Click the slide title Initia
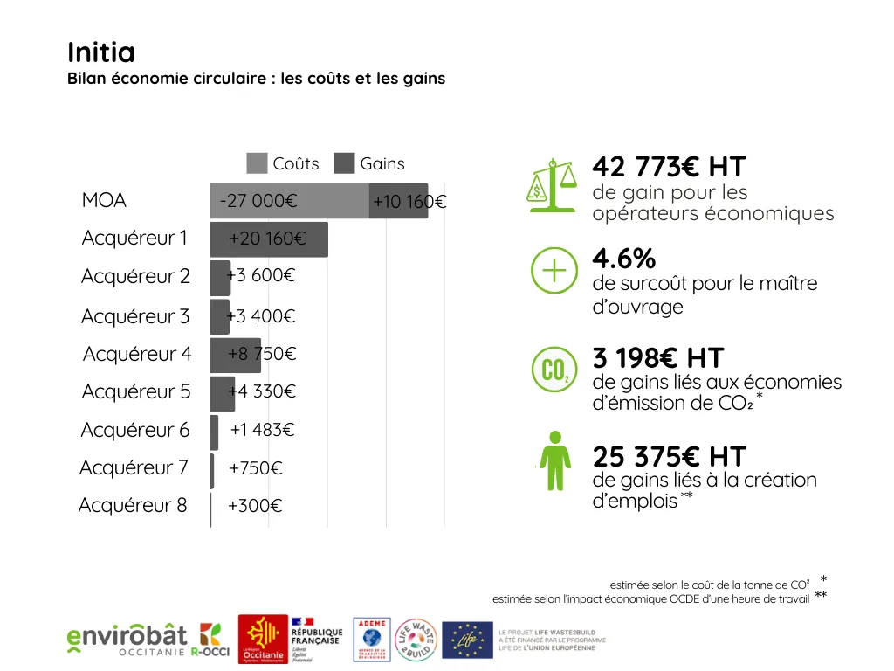(x=101, y=52)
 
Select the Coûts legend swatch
(x=257, y=163)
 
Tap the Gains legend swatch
(x=345, y=163)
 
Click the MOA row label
(x=104, y=201)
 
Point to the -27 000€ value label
(x=258, y=201)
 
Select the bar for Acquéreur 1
(x=269, y=239)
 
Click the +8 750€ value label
(x=262, y=354)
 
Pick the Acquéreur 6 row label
(x=135, y=430)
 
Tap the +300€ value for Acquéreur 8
(x=255, y=506)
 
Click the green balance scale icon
(x=553, y=185)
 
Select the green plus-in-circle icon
(x=554, y=271)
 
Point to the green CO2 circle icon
(x=554, y=370)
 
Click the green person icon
(x=554, y=460)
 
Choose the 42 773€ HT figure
(x=669, y=166)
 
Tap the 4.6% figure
(x=623, y=259)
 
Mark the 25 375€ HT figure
(x=670, y=456)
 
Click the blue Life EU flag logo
(x=467, y=640)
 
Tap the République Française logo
(x=316, y=640)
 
